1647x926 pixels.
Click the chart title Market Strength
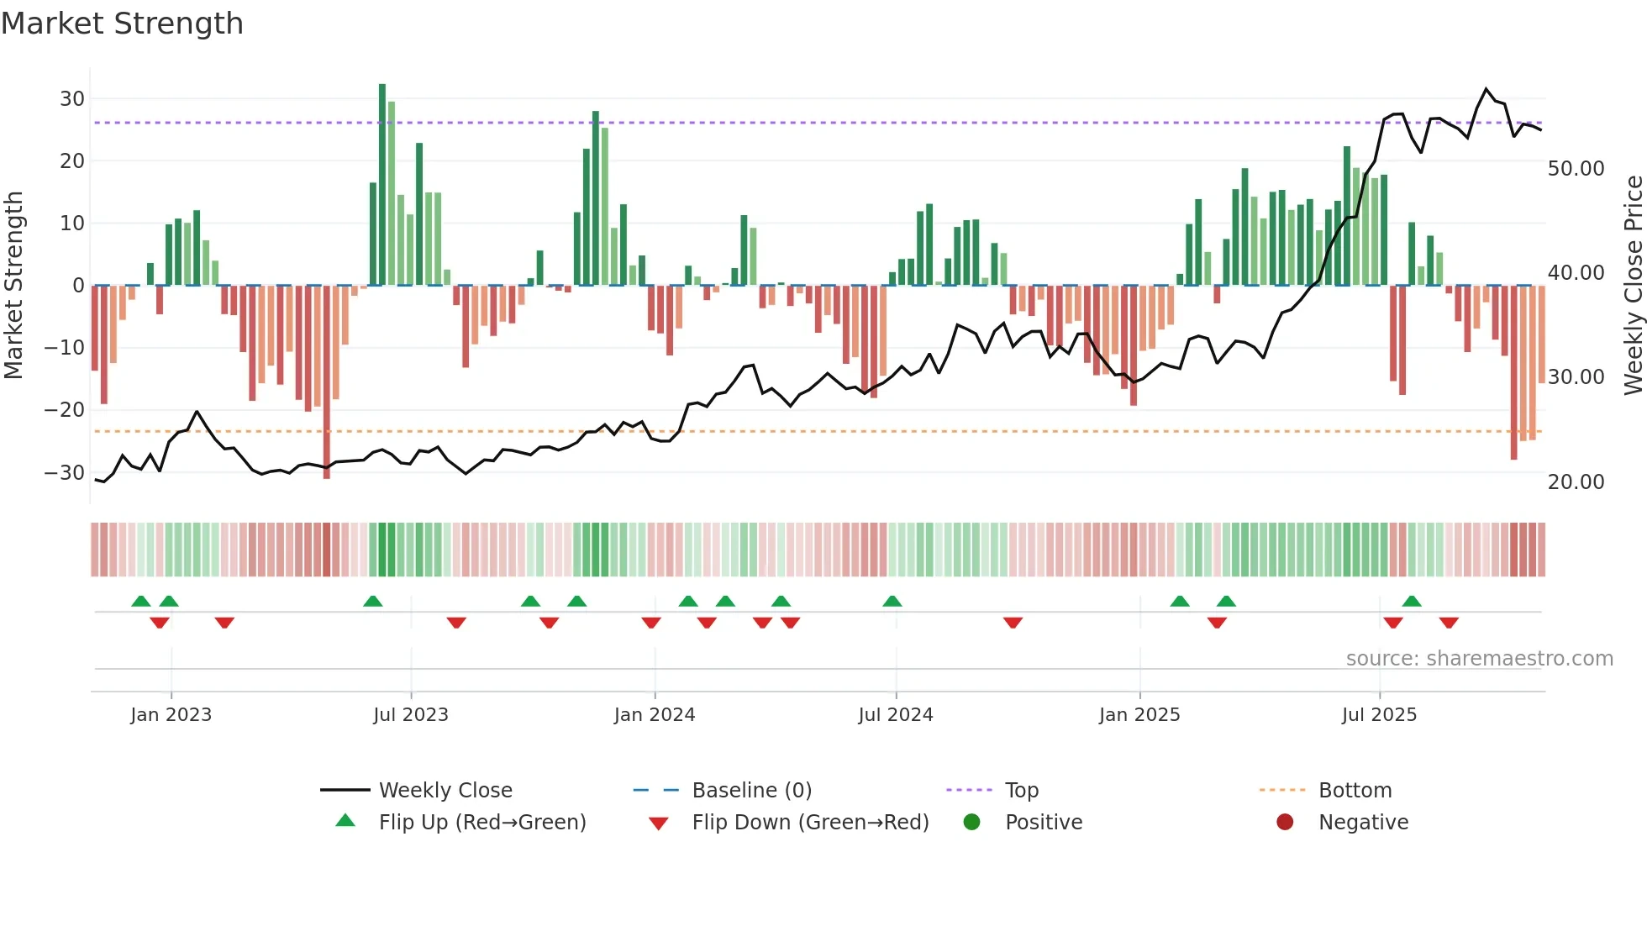pos(122,24)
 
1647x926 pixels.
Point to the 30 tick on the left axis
pos(72,99)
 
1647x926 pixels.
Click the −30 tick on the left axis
pos(66,472)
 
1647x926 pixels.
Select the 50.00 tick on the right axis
pos(1576,169)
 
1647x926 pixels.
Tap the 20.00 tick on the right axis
pos(1576,482)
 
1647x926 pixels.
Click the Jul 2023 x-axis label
pos(411,715)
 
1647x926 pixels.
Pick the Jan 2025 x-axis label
pos(1139,715)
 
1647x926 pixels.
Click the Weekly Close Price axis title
pos(1633,286)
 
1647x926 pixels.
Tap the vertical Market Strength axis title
pos(13,286)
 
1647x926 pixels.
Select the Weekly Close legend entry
pos(445,791)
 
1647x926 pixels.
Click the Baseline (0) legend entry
pos(751,791)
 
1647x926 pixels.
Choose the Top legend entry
pos(1022,791)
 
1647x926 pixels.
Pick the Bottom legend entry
pos(1355,791)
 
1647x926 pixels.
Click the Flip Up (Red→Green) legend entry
pos(481,823)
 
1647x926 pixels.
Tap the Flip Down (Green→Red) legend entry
pos(810,823)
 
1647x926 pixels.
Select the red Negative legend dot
pos(1285,823)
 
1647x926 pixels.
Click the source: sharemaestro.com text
pos(1479,659)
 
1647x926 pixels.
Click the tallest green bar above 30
pos(382,185)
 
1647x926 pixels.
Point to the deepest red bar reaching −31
pos(327,382)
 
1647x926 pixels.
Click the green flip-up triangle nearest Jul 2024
pos(892,602)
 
